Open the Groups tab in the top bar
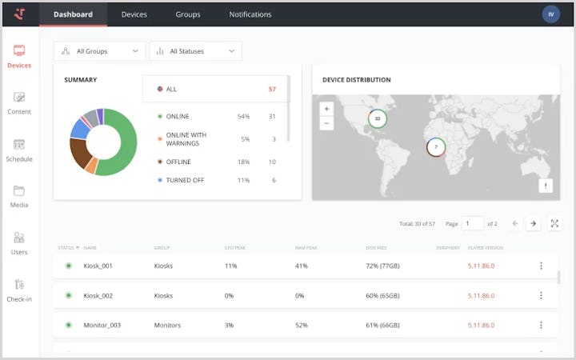(188, 14)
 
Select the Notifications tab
(250, 14)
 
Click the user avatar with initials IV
(550, 14)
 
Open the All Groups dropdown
(99, 51)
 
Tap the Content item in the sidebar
(19, 102)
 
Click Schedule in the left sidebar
(19, 150)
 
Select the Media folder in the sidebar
(19, 196)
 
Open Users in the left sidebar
(19, 242)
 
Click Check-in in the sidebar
(19, 290)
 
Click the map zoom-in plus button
(326, 108)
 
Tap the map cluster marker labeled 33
(378, 118)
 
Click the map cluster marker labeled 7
(436, 147)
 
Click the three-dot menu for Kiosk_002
(541, 295)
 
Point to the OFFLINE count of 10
(272, 162)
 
